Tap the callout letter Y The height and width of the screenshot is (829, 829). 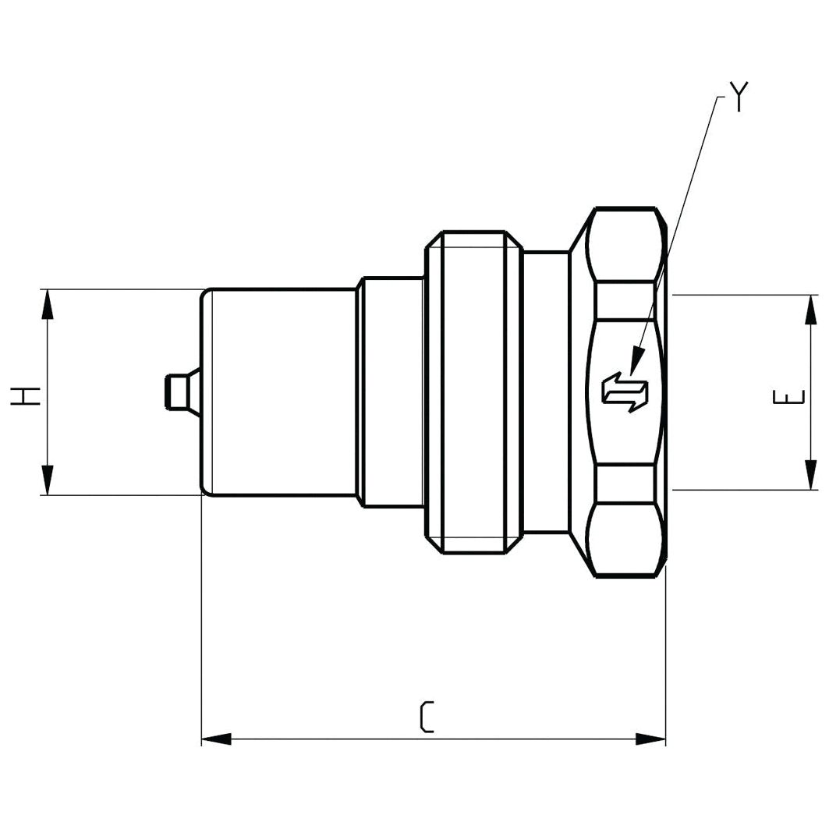(x=738, y=97)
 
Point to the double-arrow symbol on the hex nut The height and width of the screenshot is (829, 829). (x=625, y=391)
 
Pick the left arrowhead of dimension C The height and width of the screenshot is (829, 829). (x=217, y=739)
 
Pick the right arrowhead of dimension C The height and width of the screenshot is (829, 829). (x=650, y=739)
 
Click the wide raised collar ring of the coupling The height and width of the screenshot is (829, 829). (x=473, y=392)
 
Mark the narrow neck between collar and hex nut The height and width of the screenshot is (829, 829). (x=546, y=392)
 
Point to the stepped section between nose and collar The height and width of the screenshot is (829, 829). (x=392, y=392)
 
